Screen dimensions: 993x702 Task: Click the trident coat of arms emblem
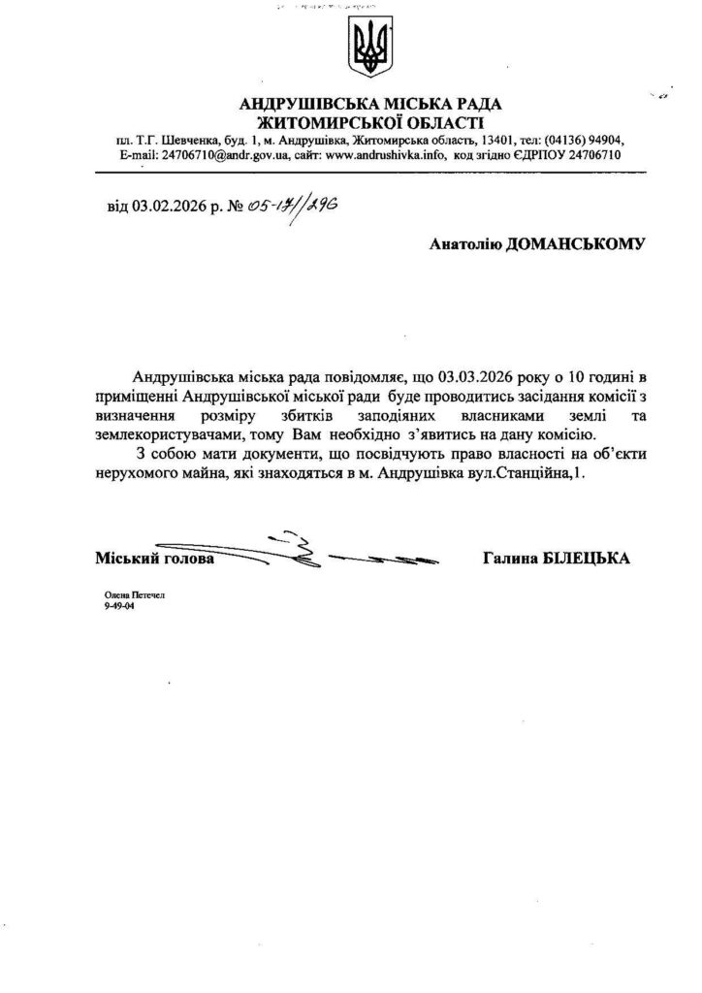click(x=368, y=50)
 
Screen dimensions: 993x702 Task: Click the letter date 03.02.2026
click(x=166, y=206)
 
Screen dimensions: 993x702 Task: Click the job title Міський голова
click(x=155, y=560)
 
